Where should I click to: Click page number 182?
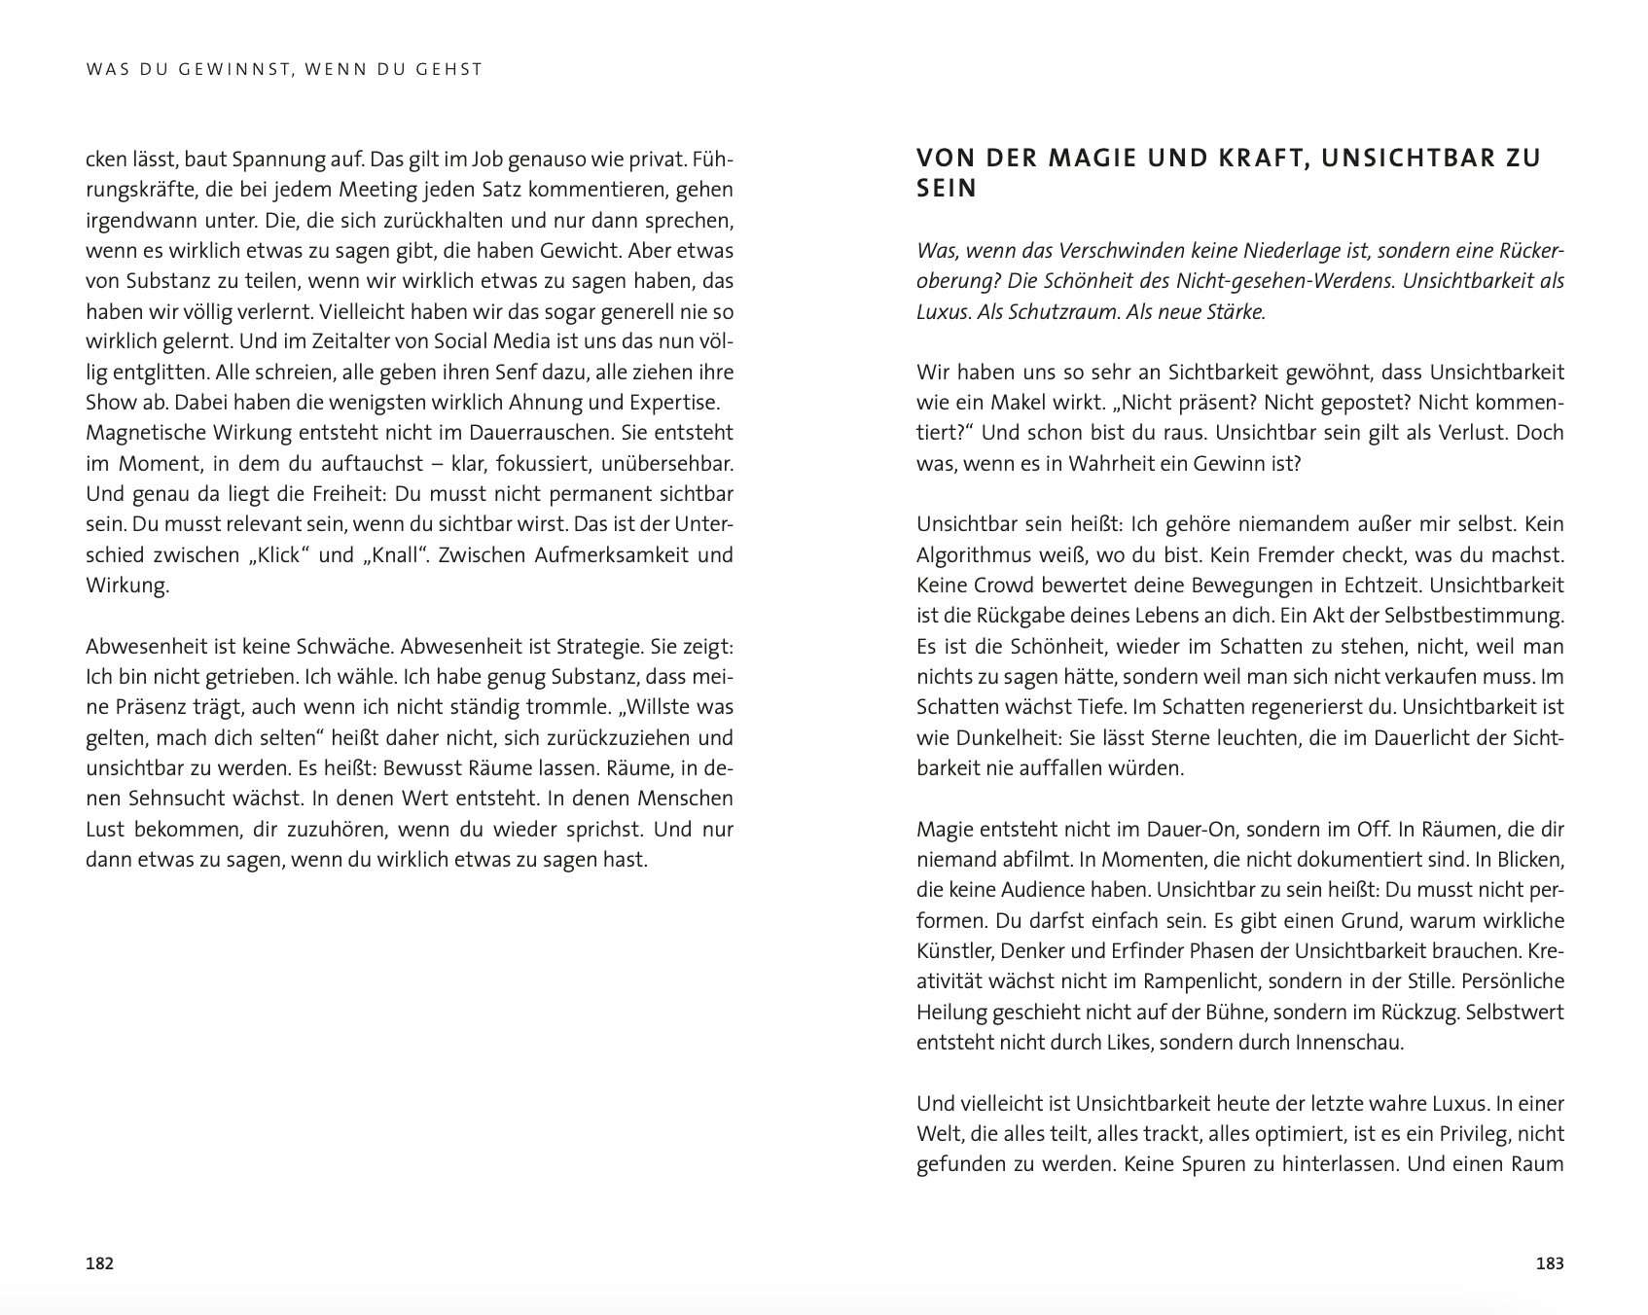coord(100,1263)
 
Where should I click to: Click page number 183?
coord(1549,1263)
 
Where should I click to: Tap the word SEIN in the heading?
coord(947,189)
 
